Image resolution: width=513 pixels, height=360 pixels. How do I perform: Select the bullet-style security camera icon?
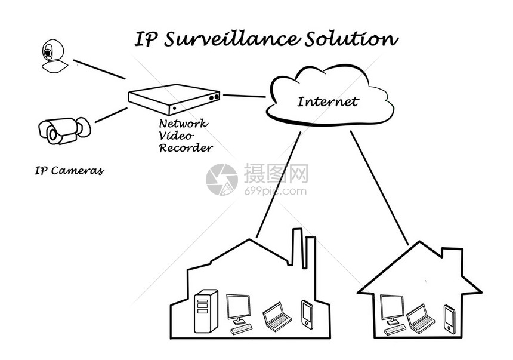(62, 130)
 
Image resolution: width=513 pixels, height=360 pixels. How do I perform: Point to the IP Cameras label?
(69, 171)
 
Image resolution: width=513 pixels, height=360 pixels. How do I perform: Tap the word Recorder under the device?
(186, 147)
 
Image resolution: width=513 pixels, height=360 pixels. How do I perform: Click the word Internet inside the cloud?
(327, 101)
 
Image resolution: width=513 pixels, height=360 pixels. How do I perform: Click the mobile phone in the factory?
(307, 313)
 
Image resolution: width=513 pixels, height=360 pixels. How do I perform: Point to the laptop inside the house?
(421, 318)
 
